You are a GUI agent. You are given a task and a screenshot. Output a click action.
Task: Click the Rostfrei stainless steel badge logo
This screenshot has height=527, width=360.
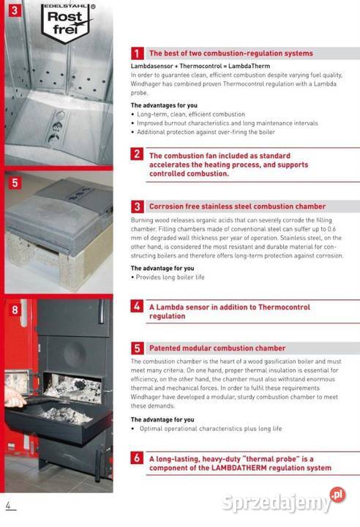click(66, 23)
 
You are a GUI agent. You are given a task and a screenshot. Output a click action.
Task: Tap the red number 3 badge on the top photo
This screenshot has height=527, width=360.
click(15, 10)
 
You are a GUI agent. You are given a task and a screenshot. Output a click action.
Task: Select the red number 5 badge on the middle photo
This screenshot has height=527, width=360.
click(15, 183)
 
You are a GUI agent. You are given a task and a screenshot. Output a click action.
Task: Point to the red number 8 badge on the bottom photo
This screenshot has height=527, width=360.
click(15, 310)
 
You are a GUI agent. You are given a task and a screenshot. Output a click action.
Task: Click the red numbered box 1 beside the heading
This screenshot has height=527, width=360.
click(137, 53)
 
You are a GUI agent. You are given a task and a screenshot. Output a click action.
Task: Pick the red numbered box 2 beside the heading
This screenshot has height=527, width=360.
click(137, 154)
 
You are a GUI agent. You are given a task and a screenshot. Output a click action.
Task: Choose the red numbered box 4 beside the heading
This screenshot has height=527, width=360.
click(137, 306)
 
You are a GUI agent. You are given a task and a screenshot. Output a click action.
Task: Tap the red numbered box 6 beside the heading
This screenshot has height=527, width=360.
click(137, 457)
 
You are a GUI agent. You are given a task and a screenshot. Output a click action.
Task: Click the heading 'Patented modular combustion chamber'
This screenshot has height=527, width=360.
click(217, 348)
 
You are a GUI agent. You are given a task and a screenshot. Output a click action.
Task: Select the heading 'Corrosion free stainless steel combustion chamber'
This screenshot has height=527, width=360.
click(237, 206)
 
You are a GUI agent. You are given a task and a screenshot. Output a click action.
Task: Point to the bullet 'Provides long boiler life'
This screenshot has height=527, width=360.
click(168, 277)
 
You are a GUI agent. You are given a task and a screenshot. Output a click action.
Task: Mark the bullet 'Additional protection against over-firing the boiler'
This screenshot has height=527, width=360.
click(203, 132)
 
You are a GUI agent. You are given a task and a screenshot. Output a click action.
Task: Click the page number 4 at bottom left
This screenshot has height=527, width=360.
click(9, 506)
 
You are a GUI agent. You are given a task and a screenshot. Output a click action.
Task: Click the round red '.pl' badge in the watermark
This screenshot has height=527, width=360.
click(337, 495)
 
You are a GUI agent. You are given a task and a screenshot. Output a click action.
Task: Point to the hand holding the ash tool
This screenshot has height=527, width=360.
click(14, 397)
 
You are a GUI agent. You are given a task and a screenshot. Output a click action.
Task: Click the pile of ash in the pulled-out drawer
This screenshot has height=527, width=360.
click(66, 416)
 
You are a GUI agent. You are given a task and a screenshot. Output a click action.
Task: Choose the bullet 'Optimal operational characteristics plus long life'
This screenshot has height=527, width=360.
click(206, 429)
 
